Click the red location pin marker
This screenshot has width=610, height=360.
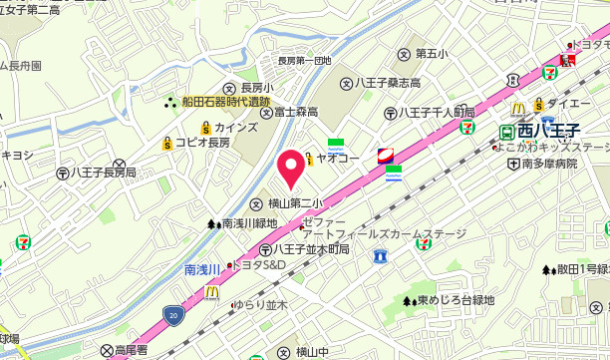[x=290, y=168]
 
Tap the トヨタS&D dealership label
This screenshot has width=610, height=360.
[x=258, y=265]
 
